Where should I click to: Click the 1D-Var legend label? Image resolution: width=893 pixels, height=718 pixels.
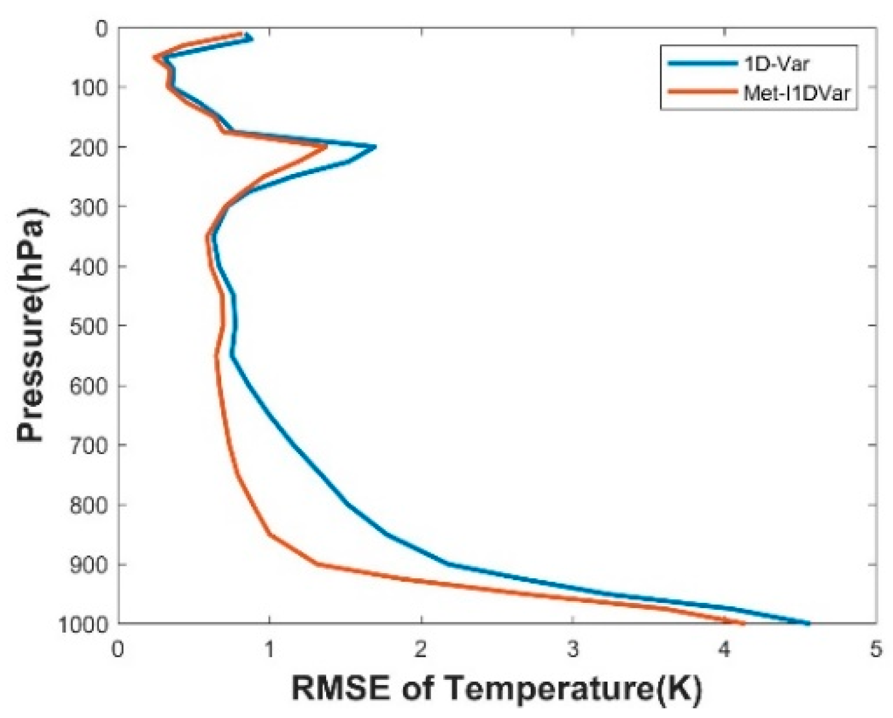click(x=776, y=63)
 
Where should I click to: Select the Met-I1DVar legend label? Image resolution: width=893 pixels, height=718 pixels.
click(x=796, y=92)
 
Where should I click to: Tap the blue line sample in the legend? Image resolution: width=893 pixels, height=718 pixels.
click(x=702, y=63)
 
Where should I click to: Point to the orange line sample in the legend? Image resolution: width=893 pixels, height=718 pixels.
click(x=702, y=92)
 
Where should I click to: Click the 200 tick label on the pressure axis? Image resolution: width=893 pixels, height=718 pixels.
click(x=88, y=147)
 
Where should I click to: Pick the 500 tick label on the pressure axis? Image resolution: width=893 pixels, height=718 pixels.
click(x=88, y=325)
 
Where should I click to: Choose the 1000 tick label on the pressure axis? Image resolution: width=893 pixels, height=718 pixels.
click(x=83, y=625)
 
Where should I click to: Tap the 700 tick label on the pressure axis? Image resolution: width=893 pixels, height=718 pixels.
click(x=88, y=445)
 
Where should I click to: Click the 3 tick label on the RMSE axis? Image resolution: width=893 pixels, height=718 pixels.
click(x=573, y=649)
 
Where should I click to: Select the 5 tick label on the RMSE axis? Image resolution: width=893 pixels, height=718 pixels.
click(x=876, y=649)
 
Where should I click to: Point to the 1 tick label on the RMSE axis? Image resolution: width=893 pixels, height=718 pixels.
click(x=269, y=649)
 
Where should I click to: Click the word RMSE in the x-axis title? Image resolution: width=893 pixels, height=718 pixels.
click(x=341, y=688)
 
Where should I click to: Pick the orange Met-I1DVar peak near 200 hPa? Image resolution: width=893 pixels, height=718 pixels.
click(x=325, y=147)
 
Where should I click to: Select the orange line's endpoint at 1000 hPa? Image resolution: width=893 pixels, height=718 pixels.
click(x=744, y=624)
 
